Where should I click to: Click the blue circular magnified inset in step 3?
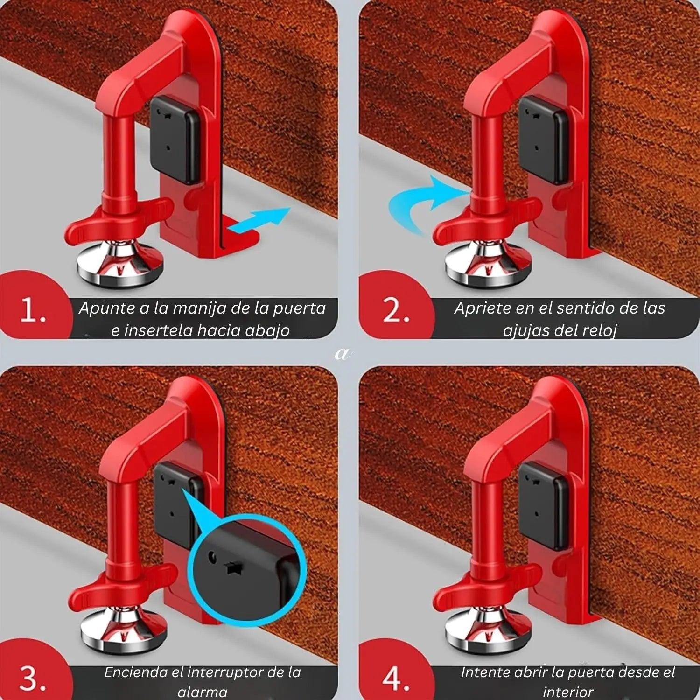tap(247, 569)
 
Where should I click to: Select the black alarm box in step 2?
tap(544, 140)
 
